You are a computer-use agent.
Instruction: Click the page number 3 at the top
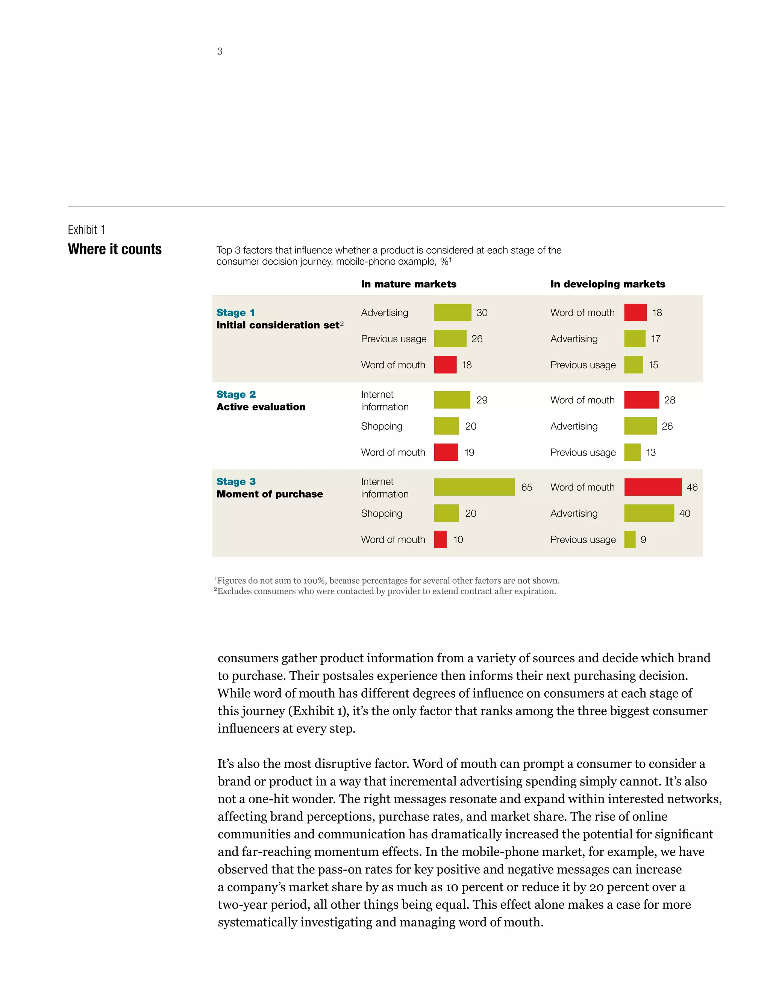pos(220,51)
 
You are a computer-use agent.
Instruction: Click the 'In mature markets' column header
pos(408,284)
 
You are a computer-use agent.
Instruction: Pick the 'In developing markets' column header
pos(607,284)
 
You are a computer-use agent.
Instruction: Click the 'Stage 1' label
pos(235,312)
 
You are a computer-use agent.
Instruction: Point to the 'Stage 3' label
pos(236,481)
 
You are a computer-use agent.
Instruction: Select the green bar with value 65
pos(474,487)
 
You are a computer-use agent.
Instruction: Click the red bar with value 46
pos(652,487)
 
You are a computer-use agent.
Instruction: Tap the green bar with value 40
pos(649,513)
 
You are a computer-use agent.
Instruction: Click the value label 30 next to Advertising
pos(482,313)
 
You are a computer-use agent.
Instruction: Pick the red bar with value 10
pos(440,539)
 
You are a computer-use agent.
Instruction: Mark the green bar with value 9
pos(629,539)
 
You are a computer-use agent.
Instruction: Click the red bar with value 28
pos(641,400)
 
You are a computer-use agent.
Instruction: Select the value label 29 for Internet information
pos(482,400)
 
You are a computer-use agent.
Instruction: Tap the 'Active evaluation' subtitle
pos(261,407)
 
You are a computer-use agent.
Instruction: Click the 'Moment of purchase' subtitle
pos(269,494)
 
